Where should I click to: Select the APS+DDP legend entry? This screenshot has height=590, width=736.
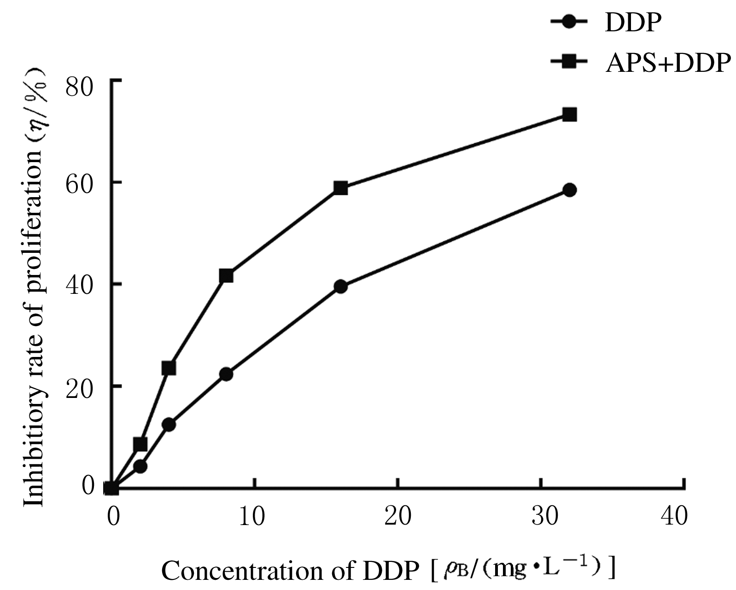pos(640,63)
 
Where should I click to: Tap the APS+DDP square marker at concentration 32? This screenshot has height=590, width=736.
pos(570,115)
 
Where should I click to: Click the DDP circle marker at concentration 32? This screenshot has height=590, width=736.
pos(570,190)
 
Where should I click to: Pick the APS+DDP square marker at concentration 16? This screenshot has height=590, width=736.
pos(340,188)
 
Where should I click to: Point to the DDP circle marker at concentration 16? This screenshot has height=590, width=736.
pos(340,286)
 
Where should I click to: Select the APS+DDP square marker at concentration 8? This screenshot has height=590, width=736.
pos(226,276)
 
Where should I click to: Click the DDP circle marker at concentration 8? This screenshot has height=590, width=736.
pos(226,374)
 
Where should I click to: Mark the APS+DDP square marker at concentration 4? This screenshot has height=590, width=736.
pos(169,368)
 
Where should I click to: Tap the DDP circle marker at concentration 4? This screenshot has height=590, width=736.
pos(169,425)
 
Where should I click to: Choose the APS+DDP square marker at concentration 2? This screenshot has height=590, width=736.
pos(140,444)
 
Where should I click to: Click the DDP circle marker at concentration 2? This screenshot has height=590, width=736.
pos(140,467)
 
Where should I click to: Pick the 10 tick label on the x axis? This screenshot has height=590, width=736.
pos(252,516)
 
